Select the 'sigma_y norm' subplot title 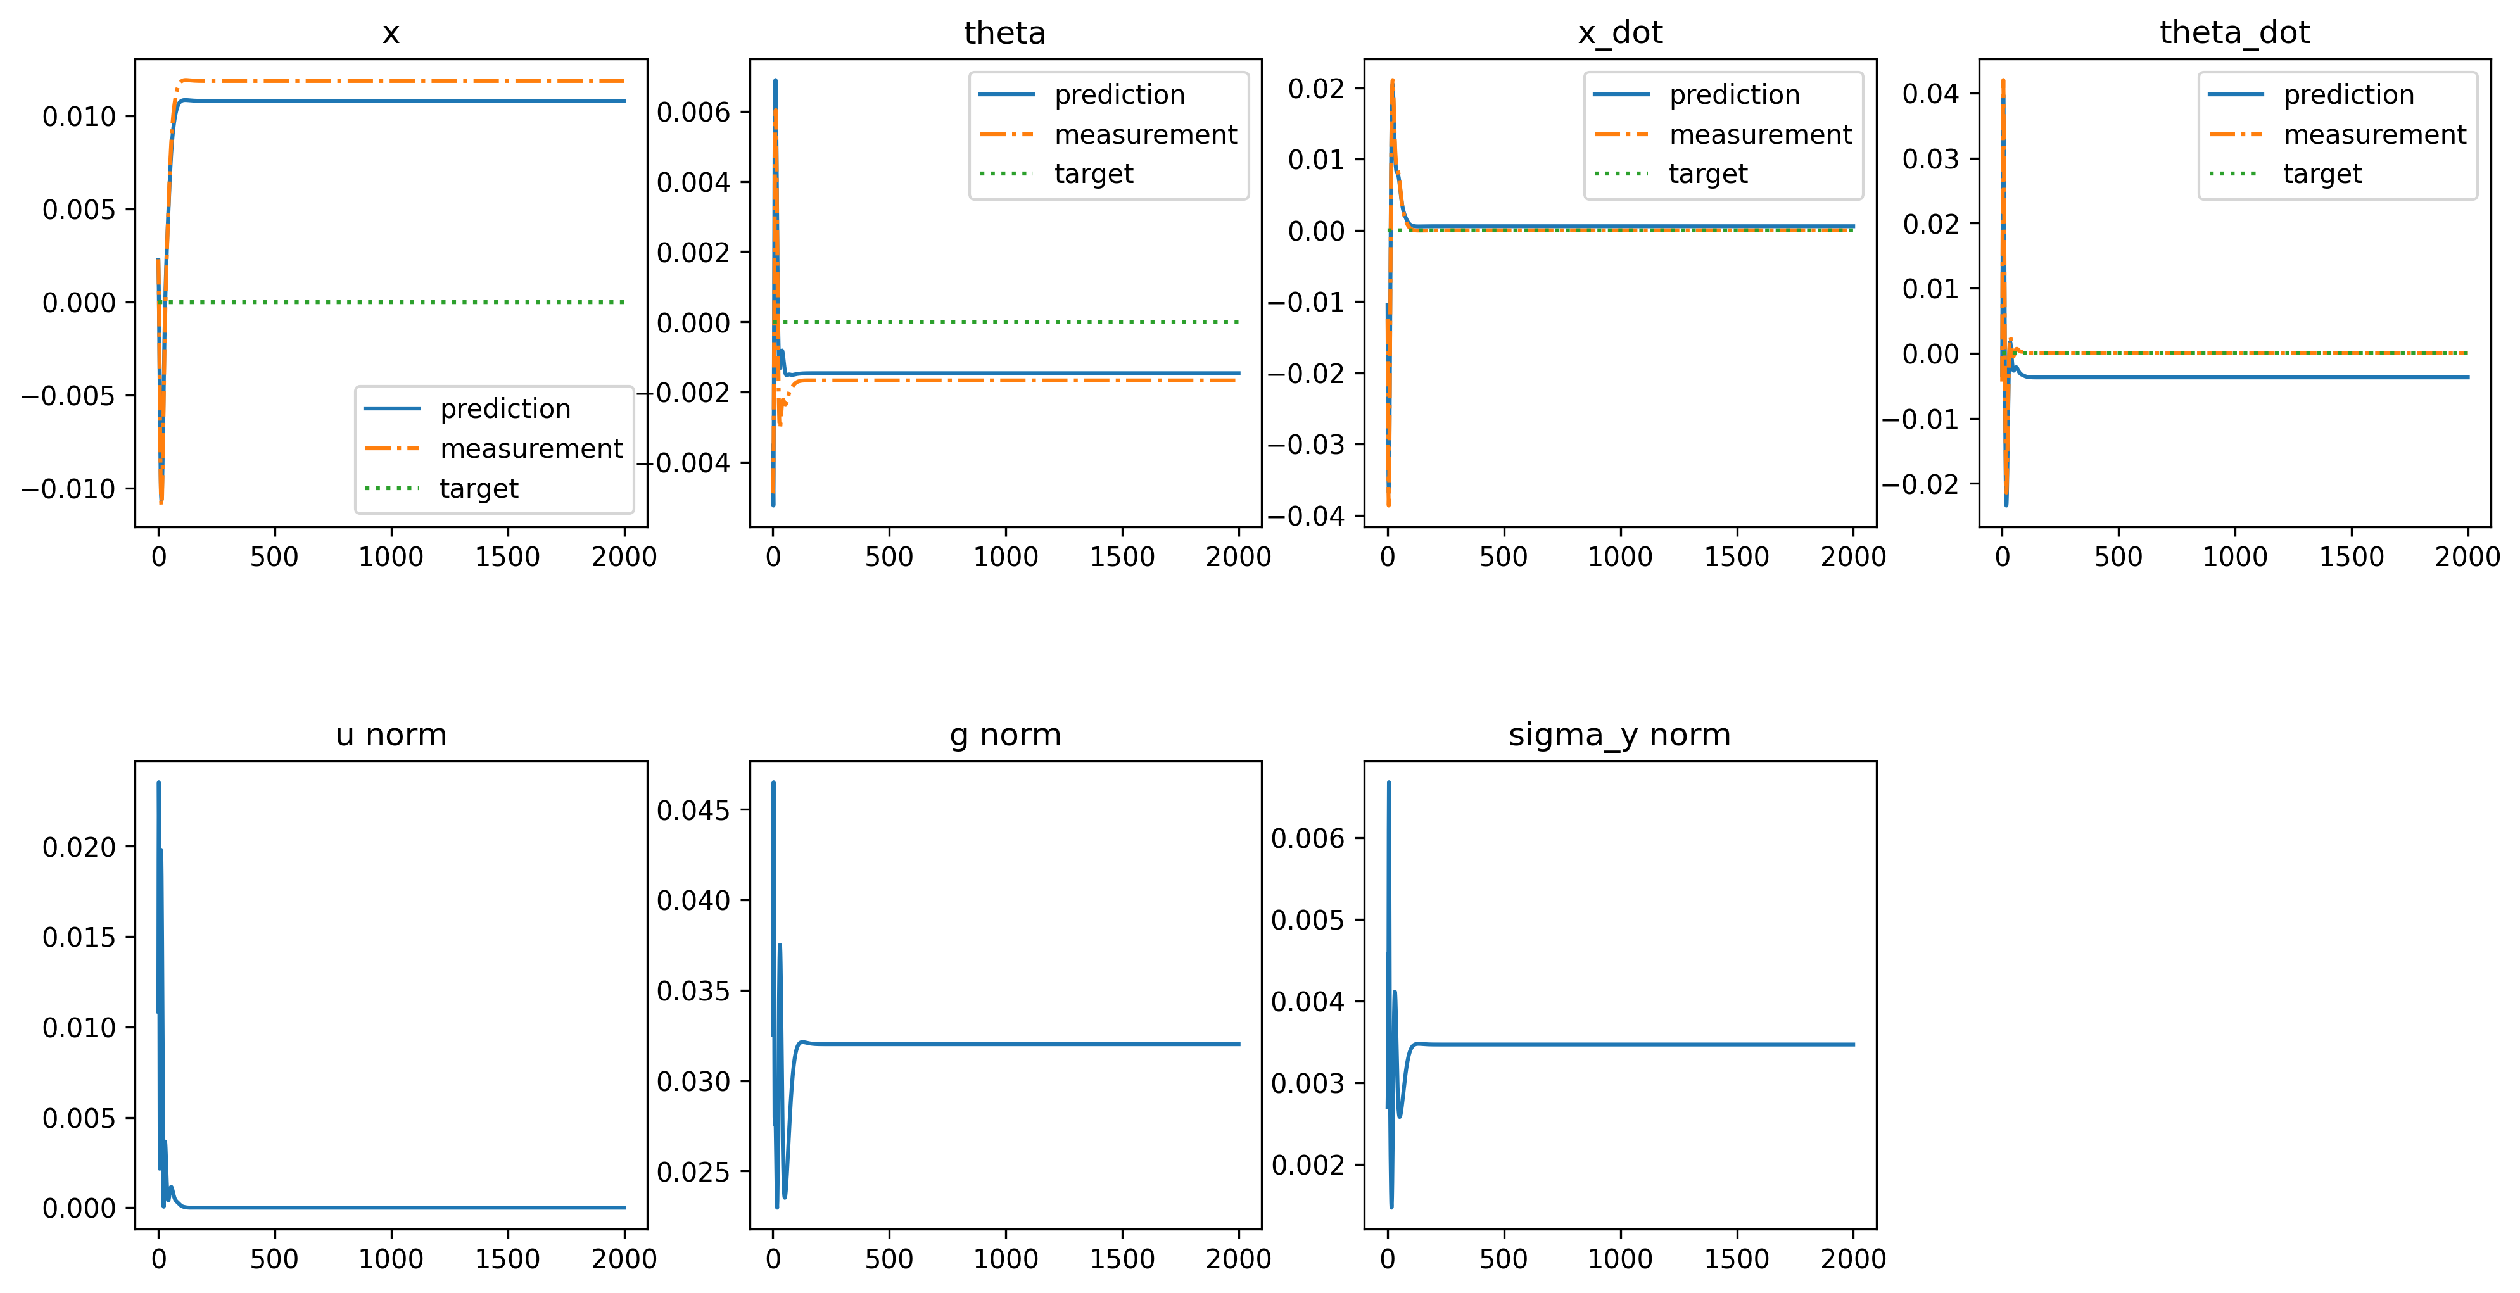click(1619, 735)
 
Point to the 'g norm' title click(1004, 735)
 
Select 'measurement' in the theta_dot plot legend click(2374, 134)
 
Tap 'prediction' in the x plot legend click(505, 409)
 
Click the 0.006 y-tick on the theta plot click(693, 113)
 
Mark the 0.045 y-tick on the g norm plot click(693, 810)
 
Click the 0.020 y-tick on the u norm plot click(79, 847)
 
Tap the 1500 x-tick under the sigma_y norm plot click(1737, 1259)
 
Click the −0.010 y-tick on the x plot click(68, 489)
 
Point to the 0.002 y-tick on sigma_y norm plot click(1307, 1165)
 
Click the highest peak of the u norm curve click(158, 783)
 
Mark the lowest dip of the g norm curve click(776, 1207)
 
